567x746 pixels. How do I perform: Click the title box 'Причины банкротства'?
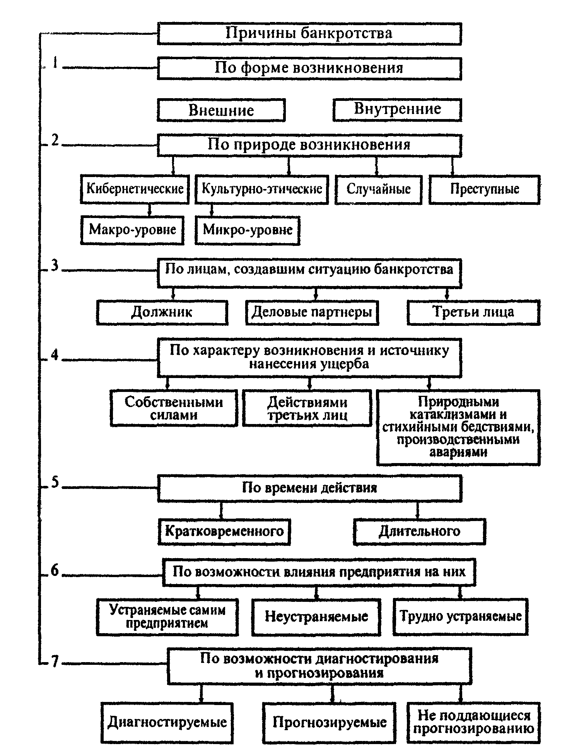(309, 34)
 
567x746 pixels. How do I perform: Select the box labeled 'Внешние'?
(221, 111)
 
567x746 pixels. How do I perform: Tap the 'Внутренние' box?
(397, 110)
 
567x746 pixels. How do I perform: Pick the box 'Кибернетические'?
(135, 189)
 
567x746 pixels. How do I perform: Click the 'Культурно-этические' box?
(262, 189)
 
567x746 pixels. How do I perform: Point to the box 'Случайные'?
(378, 189)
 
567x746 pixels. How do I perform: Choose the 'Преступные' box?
(484, 189)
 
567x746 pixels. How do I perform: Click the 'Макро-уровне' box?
(132, 230)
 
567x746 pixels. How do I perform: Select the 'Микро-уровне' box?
(248, 230)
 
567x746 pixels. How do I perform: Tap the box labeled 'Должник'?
(162, 312)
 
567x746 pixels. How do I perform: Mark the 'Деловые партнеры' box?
(312, 312)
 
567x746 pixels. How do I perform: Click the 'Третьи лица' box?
(473, 312)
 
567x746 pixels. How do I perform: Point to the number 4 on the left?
(55, 354)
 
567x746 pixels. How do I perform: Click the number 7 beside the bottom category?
(55, 662)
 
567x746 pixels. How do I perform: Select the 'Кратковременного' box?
(224, 531)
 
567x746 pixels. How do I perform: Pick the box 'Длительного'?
(419, 531)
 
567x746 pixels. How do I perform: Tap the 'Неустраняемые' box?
(316, 617)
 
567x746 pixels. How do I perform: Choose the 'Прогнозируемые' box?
(329, 722)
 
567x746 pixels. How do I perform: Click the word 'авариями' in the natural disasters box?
(458, 452)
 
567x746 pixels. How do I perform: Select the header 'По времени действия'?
(309, 488)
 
